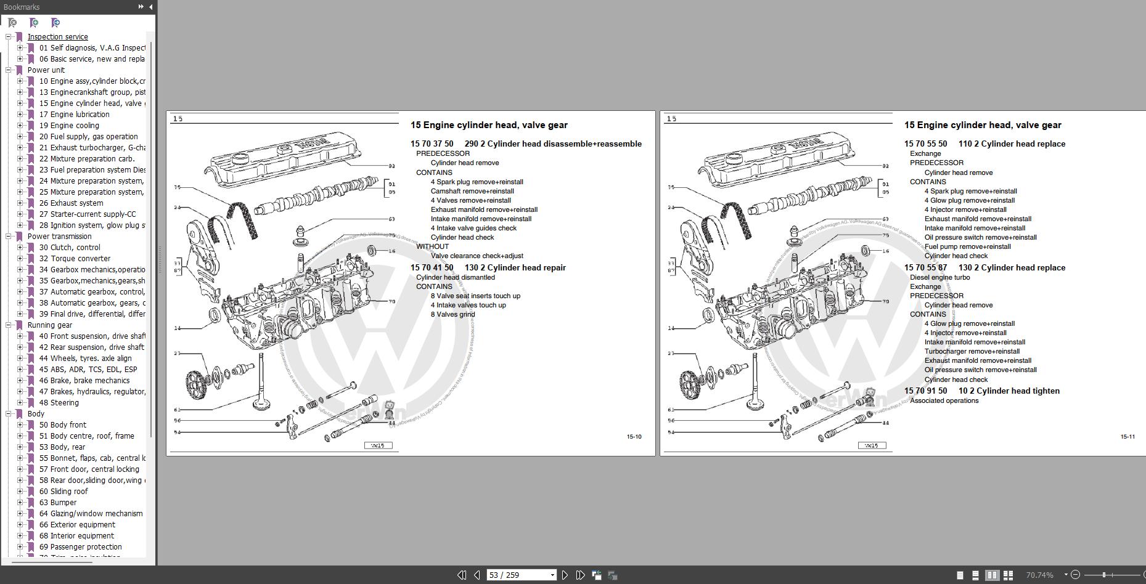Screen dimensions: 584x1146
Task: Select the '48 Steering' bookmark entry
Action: click(64, 403)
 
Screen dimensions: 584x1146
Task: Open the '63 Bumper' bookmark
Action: click(63, 503)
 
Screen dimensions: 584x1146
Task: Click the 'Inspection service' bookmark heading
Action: click(57, 37)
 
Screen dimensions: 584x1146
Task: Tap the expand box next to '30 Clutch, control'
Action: click(20, 248)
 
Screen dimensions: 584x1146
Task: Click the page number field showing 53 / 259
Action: click(517, 575)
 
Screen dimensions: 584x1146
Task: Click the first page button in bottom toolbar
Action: click(461, 575)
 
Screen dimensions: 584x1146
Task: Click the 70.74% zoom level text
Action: click(1039, 575)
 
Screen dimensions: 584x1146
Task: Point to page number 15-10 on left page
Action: click(634, 437)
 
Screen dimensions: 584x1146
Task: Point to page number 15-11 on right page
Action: click(1128, 437)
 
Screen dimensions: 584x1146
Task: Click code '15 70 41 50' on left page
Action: click(432, 268)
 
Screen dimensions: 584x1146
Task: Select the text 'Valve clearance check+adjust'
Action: click(477, 256)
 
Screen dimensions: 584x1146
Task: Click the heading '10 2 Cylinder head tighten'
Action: click(1009, 391)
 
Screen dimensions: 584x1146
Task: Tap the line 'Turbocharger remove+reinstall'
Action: click(972, 351)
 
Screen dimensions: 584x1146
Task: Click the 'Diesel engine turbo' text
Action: click(939, 277)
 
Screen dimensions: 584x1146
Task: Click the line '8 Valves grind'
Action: click(452, 314)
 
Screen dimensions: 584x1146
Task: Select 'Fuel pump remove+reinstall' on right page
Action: click(967, 246)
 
